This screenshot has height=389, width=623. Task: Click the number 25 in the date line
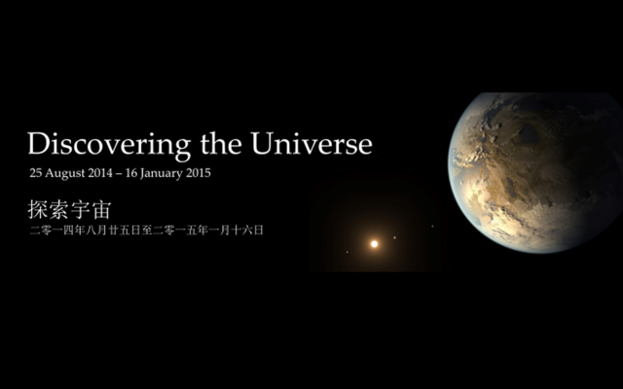point(37,173)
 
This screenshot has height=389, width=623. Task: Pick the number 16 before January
point(143,173)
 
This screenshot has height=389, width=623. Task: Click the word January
point(175,173)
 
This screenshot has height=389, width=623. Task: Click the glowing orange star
point(374,244)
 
